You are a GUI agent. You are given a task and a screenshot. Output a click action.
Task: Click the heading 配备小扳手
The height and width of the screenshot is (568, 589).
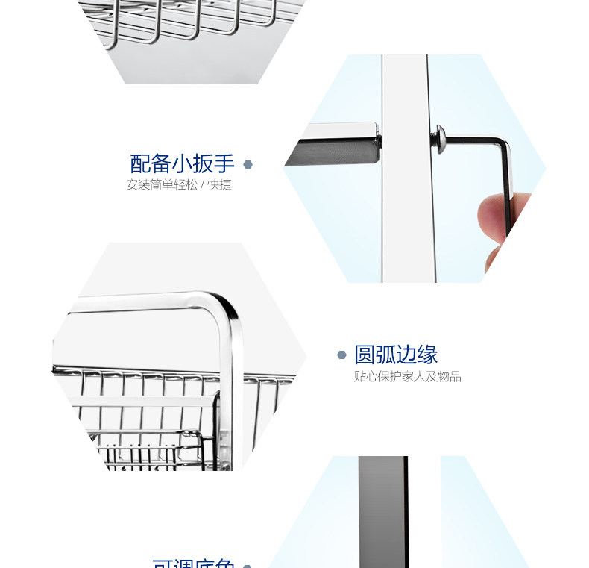(x=182, y=163)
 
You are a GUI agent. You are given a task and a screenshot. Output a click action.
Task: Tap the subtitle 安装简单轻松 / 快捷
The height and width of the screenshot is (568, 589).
(x=178, y=185)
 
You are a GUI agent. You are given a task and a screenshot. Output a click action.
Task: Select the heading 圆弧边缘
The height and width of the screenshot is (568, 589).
(x=395, y=354)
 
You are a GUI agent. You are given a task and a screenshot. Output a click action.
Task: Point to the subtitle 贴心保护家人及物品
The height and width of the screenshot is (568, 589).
(x=407, y=377)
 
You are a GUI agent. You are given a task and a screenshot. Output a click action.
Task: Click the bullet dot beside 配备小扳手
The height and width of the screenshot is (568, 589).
(x=248, y=164)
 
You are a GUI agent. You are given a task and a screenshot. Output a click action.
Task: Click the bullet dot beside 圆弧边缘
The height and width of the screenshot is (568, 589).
(x=341, y=355)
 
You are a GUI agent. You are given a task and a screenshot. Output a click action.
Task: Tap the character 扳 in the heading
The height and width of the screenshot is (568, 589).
(x=202, y=163)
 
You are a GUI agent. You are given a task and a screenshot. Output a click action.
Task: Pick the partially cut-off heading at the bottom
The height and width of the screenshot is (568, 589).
(x=193, y=563)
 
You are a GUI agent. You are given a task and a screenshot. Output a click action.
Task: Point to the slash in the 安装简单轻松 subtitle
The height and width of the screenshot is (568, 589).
(x=203, y=185)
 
